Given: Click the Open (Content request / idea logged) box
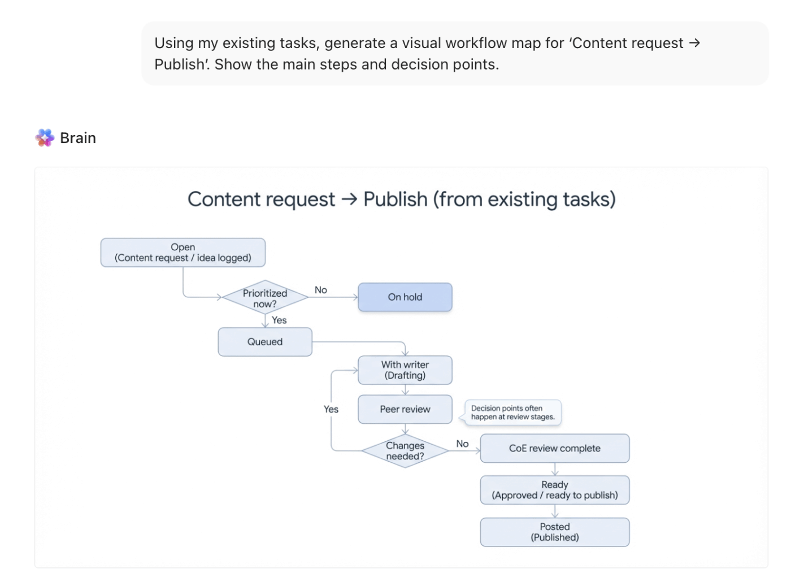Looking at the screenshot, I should (x=182, y=253).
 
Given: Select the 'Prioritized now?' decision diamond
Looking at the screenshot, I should (x=265, y=298).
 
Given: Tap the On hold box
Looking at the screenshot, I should (x=405, y=297).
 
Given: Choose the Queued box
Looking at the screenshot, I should (x=265, y=342).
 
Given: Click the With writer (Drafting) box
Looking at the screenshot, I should (x=405, y=370).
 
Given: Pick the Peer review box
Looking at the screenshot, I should (x=405, y=409).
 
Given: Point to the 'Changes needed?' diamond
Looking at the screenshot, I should (x=405, y=451).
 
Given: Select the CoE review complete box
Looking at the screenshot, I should (x=555, y=449).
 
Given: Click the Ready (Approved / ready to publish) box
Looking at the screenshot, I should (x=555, y=490).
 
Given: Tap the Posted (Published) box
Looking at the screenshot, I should (x=555, y=532).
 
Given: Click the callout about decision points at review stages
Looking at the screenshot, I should (x=512, y=413).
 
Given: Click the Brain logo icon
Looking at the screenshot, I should (x=45, y=138).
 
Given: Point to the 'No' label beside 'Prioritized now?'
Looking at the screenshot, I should (x=321, y=290).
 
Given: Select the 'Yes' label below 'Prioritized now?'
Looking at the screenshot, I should (x=279, y=320).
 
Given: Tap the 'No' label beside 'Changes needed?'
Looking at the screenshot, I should (x=462, y=444).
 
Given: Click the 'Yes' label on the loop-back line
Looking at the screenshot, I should (x=331, y=409).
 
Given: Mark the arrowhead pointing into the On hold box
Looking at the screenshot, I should (x=355, y=297).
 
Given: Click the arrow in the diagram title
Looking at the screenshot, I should (x=349, y=199).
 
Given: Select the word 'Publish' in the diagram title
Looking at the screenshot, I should (x=395, y=199).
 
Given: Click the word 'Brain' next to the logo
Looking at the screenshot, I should (x=78, y=138).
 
